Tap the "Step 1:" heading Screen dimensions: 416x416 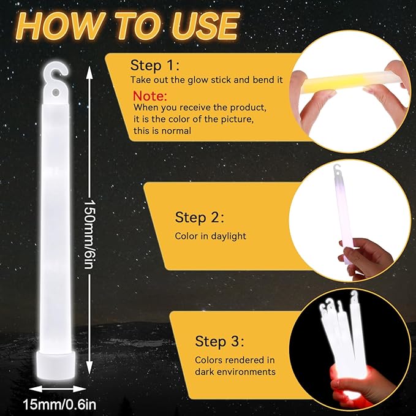[x=155, y=66]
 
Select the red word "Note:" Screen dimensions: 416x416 [x=150, y=96]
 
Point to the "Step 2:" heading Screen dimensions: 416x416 [x=200, y=217]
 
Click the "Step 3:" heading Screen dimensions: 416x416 [x=219, y=341]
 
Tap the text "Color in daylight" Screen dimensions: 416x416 [x=211, y=236]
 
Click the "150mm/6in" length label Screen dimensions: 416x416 [x=89, y=234]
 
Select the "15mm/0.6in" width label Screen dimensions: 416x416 [x=59, y=405]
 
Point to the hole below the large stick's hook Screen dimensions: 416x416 [x=56, y=93]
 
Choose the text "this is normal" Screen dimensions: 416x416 [x=162, y=130]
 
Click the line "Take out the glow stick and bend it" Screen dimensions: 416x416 [x=206, y=80]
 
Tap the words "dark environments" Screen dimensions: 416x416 [x=235, y=372]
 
